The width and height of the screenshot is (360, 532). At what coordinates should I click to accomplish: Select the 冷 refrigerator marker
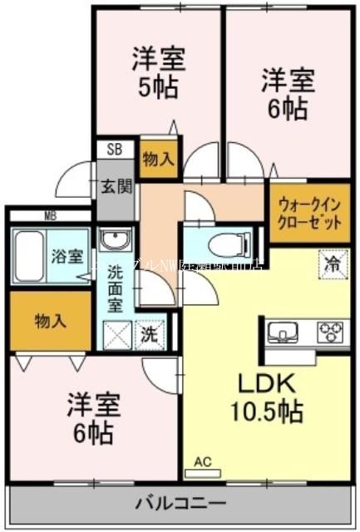coord(332,266)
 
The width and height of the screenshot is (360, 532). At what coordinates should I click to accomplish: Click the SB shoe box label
coord(112,150)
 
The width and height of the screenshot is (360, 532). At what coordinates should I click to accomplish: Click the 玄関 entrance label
coord(117,185)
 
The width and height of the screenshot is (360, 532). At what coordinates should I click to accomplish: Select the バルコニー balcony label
coord(180,504)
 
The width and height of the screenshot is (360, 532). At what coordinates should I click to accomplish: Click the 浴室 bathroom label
coord(62,255)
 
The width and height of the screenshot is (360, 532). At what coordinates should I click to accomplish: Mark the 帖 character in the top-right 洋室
coord(298,109)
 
